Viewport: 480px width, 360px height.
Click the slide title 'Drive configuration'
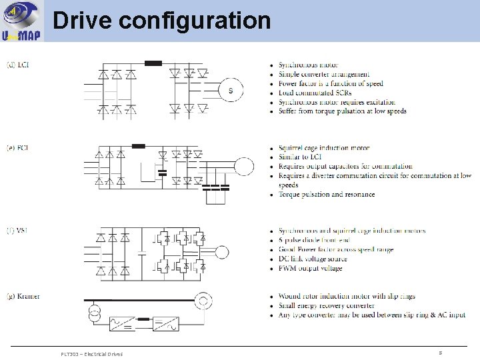coord(161,21)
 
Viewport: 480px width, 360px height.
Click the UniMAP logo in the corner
coord(22,21)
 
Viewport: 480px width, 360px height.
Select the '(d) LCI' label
coord(17,65)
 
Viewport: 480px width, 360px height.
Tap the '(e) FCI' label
coord(17,147)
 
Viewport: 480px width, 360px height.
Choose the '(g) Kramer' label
coord(23,296)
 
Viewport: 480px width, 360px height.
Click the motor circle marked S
coord(231,91)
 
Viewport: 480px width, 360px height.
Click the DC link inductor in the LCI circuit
coord(153,64)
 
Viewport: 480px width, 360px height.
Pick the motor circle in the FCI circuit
coord(243,166)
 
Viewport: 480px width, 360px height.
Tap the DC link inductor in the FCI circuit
coord(139,145)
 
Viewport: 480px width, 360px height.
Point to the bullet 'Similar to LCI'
coord(303,157)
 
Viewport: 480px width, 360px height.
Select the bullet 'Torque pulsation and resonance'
coord(327,195)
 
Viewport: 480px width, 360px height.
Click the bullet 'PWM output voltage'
coord(310,269)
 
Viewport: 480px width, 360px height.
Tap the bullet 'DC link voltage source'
coord(313,259)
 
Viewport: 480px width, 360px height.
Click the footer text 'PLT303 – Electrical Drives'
coord(91,354)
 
